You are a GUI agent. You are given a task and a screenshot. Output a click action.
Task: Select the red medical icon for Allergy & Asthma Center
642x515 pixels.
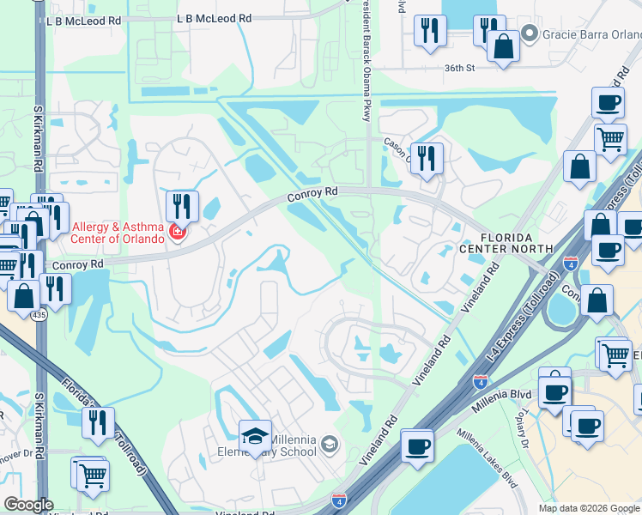(x=178, y=232)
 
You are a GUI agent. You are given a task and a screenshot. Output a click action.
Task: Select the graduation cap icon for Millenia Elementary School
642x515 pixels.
(x=255, y=436)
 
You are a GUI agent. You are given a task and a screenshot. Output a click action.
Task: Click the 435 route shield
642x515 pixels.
(x=39, y=315)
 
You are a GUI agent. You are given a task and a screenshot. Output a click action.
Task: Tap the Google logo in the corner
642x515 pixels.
(x=28, y=505)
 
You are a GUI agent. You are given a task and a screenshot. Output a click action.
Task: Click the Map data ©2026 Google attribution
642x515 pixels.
(x=590, y=508)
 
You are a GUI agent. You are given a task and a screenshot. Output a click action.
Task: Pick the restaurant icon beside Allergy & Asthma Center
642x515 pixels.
(x=181, y=206)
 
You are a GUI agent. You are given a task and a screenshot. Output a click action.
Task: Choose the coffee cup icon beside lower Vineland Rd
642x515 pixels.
(x=417, y=445)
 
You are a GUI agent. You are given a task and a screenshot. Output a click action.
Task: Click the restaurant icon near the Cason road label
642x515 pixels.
(x=427, y=158)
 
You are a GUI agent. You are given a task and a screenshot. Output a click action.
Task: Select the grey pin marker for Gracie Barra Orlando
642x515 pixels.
(x=530, y=34)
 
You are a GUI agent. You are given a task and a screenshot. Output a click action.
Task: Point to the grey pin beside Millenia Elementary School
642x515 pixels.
(x=330, y=444)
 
